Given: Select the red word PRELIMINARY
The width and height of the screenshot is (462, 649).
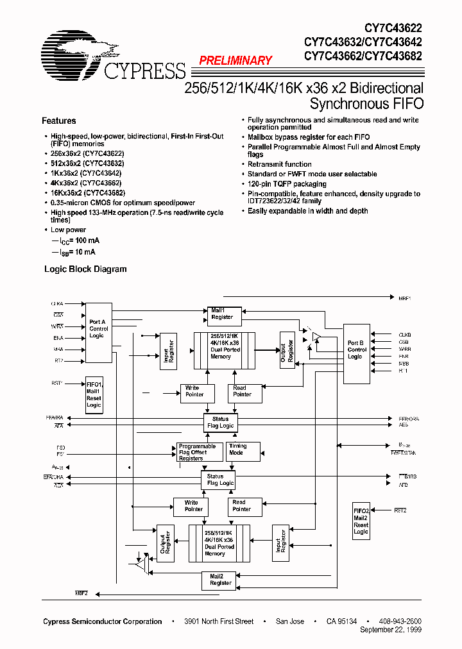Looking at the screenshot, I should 235,61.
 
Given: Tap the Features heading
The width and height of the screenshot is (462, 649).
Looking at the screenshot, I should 58,121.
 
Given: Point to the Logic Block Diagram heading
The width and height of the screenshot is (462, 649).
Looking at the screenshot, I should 85,269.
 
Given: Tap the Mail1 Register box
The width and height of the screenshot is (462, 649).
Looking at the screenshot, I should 222,314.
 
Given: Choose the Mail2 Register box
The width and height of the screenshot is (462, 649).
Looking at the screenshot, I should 221,580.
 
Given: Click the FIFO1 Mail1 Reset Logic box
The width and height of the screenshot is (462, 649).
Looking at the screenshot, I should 94,394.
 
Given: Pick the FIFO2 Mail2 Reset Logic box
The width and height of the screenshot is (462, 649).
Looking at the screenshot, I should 361,521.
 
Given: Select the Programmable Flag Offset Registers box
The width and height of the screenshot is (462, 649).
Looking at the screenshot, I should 197,453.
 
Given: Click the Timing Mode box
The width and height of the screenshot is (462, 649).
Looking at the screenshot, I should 243,450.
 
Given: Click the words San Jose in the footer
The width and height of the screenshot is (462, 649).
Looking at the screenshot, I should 290,621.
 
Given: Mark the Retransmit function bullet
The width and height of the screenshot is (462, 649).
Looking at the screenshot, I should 280,165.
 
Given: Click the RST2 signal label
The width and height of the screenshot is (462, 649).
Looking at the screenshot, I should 401,510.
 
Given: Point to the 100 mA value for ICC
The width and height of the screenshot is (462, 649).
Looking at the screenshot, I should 87,241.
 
